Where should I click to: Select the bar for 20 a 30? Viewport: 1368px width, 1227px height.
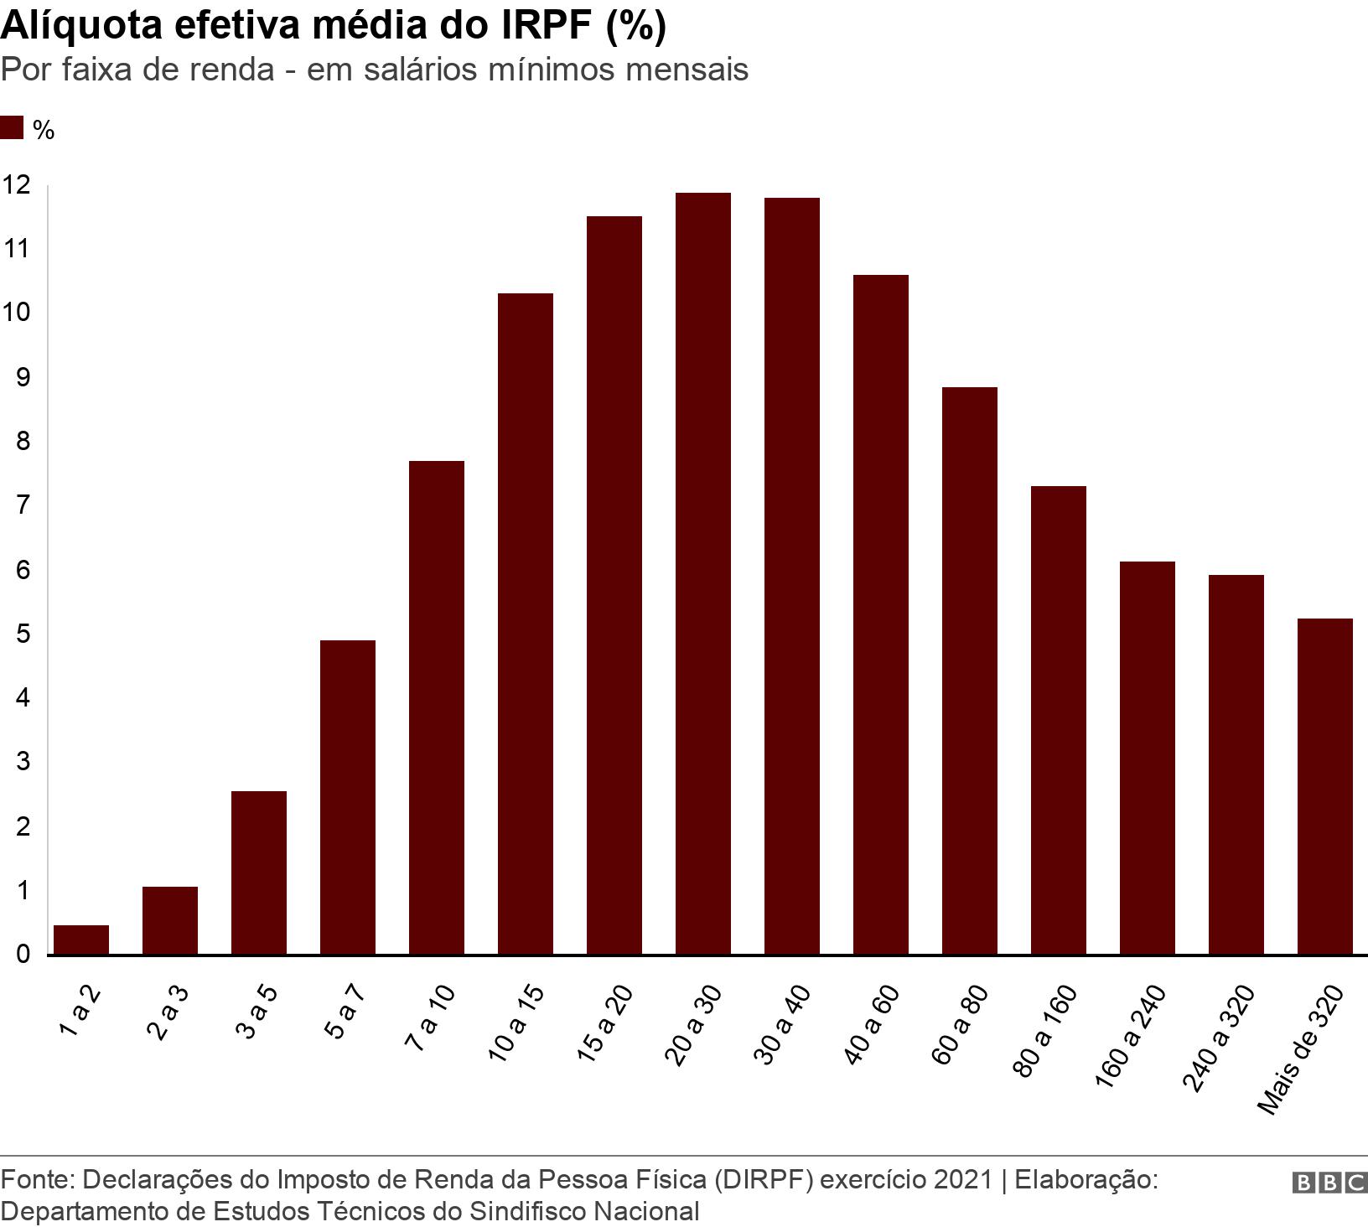click(x=702, y=573)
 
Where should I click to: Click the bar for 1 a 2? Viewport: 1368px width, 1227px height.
click(x=81, y=940)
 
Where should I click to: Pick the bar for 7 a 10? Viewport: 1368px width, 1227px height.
click(x=436, y=707)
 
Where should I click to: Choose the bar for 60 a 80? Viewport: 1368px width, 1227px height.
click(x=969, y=670)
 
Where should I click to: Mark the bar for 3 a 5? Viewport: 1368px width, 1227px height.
click(x=258, y=872)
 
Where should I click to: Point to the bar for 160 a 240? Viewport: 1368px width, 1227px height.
click(x=1147, y=758)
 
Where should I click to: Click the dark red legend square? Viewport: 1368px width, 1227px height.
click(x=12, y=128)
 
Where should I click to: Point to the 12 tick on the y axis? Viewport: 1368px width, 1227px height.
click(x=16, y=185)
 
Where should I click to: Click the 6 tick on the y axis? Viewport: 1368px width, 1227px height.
click(x=23, y=570)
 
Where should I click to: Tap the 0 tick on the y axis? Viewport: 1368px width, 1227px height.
click(x=23, y=955)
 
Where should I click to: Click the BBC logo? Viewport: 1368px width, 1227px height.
click(x=1330, y=1183)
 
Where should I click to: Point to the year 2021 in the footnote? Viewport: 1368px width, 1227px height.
click(x=962, y=1180)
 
